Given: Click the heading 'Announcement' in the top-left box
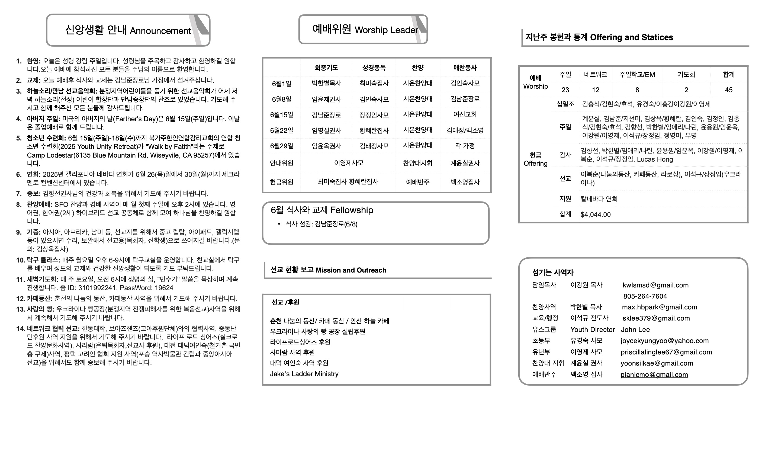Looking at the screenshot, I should coord(160,31).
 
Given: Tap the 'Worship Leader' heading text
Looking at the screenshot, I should coord(386,30).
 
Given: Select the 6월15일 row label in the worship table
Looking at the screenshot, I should coord(282,115).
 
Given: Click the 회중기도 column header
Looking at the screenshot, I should coord(326,68).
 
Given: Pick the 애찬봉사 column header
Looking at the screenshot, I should coord(465,68).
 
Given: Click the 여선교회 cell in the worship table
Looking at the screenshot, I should coord(465,115).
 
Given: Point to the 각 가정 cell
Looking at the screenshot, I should coord(465,146).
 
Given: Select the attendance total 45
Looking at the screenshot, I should coord(729,90).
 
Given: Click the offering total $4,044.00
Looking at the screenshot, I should coord(596,215).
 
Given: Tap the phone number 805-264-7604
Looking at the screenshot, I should coord(645,296).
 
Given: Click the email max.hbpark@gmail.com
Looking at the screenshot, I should coord(660,307).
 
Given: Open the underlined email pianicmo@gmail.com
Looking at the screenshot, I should coord(654,375).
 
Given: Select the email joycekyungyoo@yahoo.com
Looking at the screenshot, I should coord(664,341).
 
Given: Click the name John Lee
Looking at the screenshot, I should coord(635,330).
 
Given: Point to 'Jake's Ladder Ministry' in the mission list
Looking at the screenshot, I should coord(304,374).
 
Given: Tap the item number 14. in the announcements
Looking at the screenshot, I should coord(21,329).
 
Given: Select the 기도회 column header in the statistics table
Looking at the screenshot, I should coord(686,75).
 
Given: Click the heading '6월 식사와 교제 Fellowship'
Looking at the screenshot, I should coord(322,210).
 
